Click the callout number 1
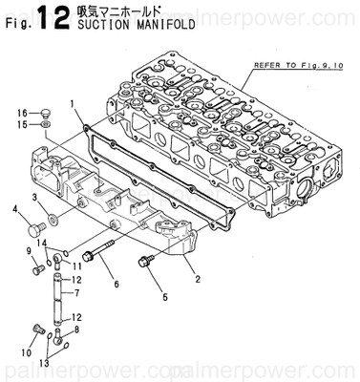click(72, 103)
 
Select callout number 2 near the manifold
click(198, 280)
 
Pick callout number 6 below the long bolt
click(116, 284)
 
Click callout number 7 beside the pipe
click(76, 292)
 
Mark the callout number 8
click(76, 329)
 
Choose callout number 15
click(21, 125)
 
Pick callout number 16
click(21, 113)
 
